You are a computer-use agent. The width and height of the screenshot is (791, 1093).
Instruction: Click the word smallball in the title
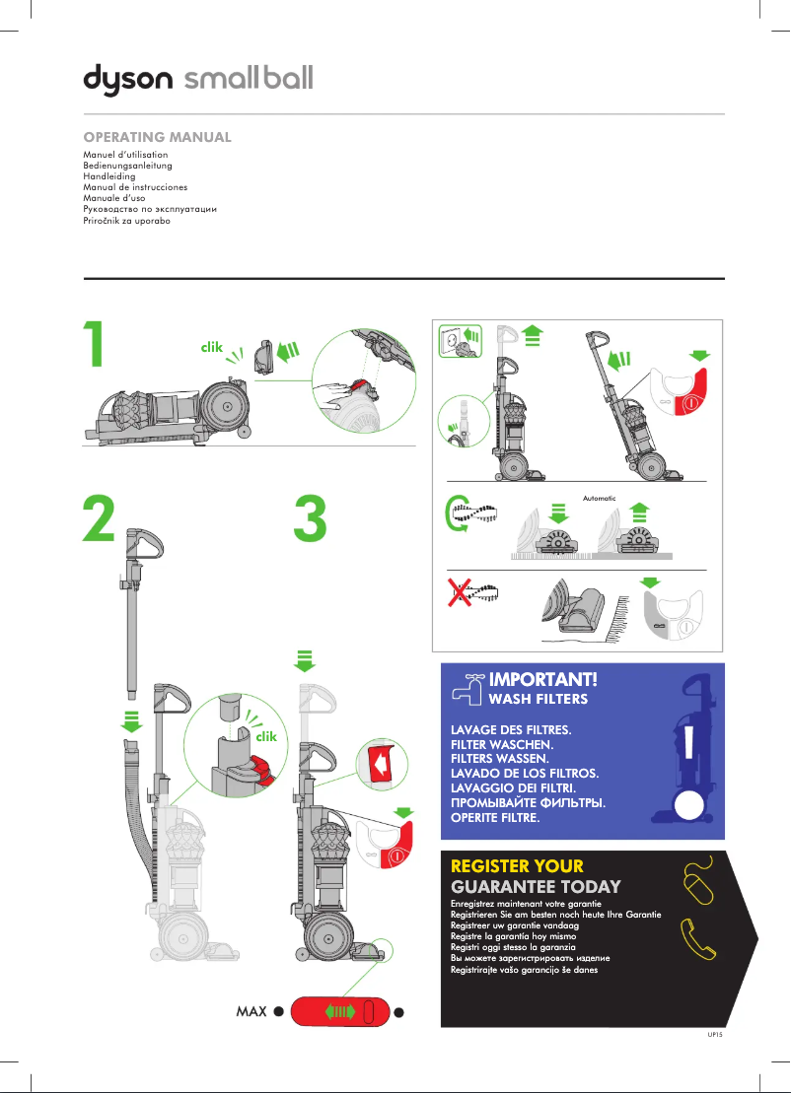coord(249,78)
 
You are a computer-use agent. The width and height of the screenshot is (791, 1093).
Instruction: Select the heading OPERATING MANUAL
coord(158,137)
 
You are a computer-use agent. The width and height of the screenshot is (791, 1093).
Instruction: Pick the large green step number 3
coord(312,519)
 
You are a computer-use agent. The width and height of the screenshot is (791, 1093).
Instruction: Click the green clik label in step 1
coord(212,347)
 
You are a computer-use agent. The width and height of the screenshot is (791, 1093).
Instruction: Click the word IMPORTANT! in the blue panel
coord(543,680)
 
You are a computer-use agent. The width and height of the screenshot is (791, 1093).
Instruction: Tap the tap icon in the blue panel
coord(467,686)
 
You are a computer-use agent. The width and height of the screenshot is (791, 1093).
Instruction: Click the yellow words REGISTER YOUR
coord(517,866)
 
